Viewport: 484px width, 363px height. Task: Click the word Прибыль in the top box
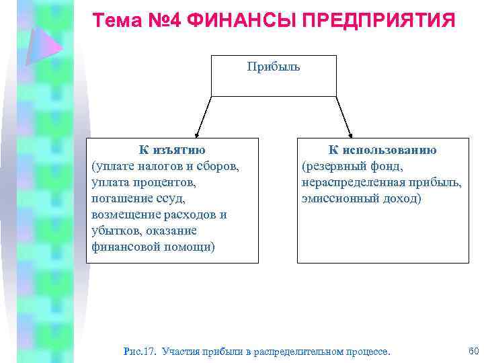point(274,67)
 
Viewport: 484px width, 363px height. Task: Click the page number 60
point(472,350)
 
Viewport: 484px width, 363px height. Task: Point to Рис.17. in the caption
point(140,351)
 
